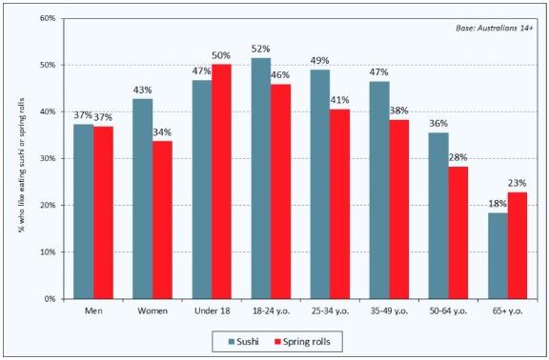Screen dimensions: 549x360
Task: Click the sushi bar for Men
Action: tap(83, 211)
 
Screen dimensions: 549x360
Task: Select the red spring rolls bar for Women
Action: tap(162, 220)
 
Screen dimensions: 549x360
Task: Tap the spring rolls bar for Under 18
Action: tap(221, 182)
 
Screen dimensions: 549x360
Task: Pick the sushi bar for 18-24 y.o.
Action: tap(261, 178)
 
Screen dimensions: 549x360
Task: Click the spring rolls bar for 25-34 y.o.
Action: tap(339, 204)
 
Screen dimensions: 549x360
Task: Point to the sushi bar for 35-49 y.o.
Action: tap(379, 190)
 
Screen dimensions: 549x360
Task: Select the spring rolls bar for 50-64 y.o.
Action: tap(457, 232)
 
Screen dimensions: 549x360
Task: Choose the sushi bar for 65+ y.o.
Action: tap(498, 256)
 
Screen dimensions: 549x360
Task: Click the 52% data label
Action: tap(261, 49)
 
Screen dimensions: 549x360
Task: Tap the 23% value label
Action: tap(518, 183)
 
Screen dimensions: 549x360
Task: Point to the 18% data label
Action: tap(498, 204)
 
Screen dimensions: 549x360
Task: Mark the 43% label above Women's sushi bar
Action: tap(143, 90)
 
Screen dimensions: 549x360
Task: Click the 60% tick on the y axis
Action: tap(49, 18)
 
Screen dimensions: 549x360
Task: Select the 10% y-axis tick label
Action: tap(49, 251)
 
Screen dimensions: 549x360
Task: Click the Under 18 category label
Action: tap(213, 310)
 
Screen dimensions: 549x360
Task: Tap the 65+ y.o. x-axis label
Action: tap(507, 311)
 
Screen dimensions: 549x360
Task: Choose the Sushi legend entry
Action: tap(244, 342)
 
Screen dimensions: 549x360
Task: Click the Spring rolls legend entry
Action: tap(302, 342)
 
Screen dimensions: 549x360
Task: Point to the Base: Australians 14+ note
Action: tap(495, 29)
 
